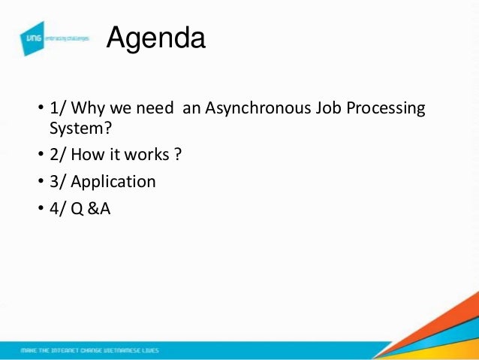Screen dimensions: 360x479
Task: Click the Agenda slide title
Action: click(155, 38)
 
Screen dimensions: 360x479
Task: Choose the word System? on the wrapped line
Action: click(76, 129)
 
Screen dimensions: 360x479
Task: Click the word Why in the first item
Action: click(92, 109)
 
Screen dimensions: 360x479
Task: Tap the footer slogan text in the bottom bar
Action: click(89, 351)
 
